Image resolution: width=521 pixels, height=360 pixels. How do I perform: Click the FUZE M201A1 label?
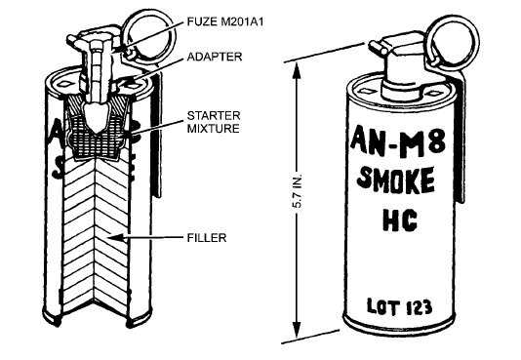(225, 21)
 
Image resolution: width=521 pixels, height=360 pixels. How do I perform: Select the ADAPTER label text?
(215, 57)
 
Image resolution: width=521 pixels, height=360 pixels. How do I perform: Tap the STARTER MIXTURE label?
(214, 122)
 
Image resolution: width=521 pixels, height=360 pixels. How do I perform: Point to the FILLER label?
(207, 238)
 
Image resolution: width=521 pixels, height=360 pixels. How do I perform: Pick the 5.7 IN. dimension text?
(297, 190)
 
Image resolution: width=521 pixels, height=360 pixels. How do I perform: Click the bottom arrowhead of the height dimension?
(297, 328)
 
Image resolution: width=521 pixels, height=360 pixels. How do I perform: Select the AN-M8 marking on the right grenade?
(398, 141)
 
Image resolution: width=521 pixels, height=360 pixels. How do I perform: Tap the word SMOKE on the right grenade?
(396, 180)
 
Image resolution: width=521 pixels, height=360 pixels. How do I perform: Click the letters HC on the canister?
(400, 220)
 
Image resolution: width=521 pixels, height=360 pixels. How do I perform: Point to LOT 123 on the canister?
(399, 306)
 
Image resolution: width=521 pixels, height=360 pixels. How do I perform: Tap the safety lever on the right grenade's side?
(460, 140)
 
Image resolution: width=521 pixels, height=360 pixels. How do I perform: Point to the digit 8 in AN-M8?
(435, 141)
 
